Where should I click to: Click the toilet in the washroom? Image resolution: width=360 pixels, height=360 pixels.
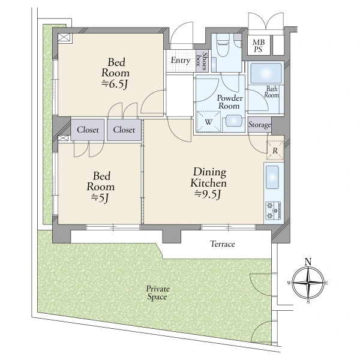(223, 45)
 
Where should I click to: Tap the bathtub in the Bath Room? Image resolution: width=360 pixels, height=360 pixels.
(266, 73)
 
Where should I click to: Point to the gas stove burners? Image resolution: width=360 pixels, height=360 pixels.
(273, 210)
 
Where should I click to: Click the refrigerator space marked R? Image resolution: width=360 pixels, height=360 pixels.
(275, 151)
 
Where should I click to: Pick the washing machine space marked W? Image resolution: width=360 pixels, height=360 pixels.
(208, 122)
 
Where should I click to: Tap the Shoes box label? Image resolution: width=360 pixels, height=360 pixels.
(202, 61)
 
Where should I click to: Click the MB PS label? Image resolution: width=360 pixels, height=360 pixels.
(259, 46)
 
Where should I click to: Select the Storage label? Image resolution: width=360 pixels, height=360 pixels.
(260, 125)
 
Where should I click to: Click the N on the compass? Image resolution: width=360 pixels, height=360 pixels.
(308, 262)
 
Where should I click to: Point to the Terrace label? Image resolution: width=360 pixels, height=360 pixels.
(223, 244)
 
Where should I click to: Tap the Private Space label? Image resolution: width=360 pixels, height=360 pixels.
(158, 293)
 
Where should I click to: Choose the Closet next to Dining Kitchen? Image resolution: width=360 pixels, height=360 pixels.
(124, 130)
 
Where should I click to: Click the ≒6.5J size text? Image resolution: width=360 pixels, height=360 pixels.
(115, 84)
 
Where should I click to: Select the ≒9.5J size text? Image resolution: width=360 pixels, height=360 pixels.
(208, 194)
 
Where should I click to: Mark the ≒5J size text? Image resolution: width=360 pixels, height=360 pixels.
(100, 198)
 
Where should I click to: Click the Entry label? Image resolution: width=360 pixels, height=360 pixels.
(181, 61)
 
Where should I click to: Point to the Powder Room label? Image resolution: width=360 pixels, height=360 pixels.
(230, 102)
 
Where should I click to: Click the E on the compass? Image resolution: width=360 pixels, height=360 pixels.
(326, 283)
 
